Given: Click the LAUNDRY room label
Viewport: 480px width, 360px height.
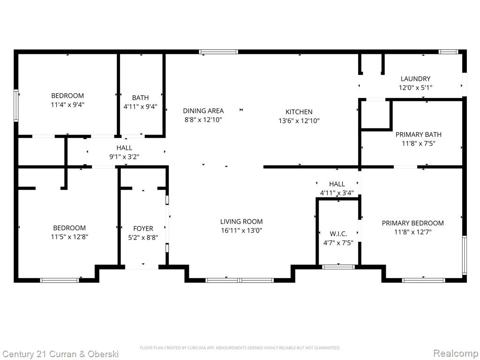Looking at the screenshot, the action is tap(415, 79).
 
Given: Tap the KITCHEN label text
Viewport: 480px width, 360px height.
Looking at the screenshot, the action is tap(299, 112).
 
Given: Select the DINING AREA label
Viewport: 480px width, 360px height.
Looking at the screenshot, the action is tap(203, 111).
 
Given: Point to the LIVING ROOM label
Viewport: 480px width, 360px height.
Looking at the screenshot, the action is tap(241, 222).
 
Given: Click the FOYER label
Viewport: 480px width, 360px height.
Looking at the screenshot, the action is tap(143, 229).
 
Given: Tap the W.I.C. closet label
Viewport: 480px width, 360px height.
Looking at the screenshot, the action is tap(338, 234).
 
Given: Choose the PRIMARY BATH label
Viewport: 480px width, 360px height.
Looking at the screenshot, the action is tap(419, 135).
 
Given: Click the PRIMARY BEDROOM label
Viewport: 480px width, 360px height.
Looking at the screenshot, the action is tap(412, 223).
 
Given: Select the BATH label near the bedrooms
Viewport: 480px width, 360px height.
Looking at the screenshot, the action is tap(141, 97).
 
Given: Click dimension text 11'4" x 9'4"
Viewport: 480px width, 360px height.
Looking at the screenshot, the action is tap(67, 105).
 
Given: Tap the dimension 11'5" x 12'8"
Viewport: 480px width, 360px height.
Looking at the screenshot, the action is tap(69, 237).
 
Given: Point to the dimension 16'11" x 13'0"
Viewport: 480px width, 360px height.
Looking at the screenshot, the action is tap(241, 231).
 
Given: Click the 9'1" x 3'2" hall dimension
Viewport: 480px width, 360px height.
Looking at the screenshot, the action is tap(124, 157).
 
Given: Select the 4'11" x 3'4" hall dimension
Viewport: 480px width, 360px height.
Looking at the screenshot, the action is tap(337, 193).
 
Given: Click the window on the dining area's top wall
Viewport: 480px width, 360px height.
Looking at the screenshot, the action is tap(218, 52).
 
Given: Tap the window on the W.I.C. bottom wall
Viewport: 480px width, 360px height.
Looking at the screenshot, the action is tap(338, 267).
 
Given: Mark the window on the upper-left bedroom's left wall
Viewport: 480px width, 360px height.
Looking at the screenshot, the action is tap(16, 105).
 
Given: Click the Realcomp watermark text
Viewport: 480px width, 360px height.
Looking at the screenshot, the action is tap(456, 353).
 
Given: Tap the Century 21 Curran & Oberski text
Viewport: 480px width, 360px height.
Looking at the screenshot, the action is tap(60, 354).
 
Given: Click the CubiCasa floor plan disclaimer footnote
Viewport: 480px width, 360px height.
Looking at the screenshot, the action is tap(240, 348).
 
